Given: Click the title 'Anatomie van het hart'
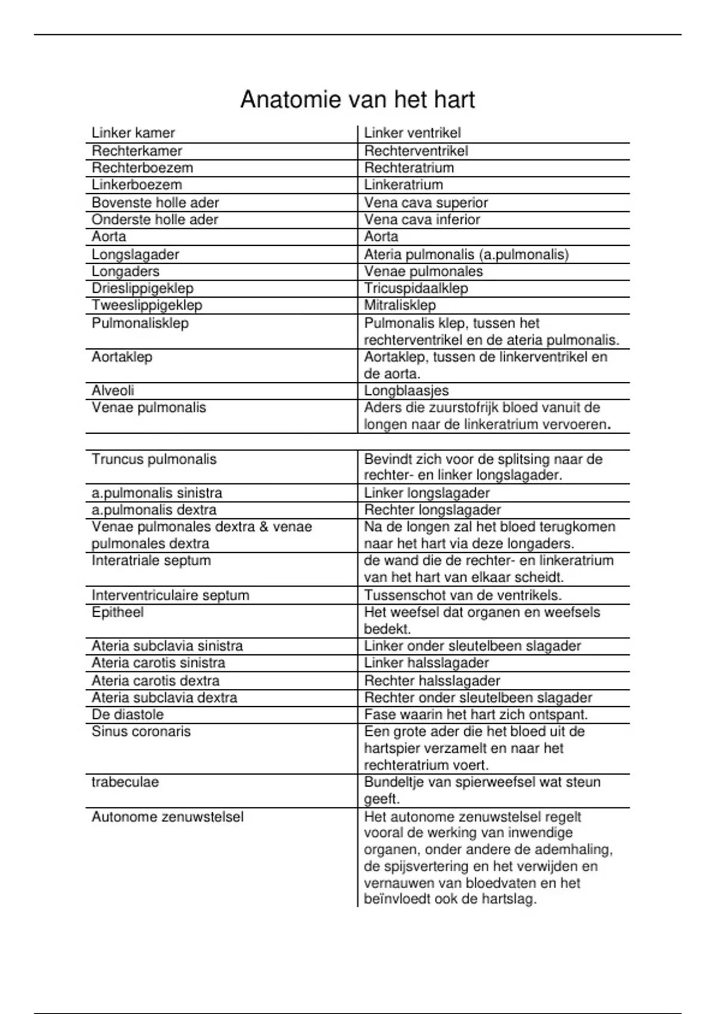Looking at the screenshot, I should [357, 100].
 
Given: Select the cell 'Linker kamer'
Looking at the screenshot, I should [133, 133].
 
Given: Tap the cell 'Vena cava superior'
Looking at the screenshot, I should [426, 203].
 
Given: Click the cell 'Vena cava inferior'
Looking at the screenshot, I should [422, 220].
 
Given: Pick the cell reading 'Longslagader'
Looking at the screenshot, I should [135, 255].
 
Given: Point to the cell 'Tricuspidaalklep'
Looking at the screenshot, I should [416, 288].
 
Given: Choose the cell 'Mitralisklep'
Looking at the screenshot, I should [400, 305].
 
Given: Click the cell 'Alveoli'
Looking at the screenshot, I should [113, 391].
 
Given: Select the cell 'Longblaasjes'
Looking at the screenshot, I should [406, 391].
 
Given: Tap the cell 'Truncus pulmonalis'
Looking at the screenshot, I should [154, 459].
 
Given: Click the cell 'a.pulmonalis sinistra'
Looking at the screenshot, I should [157, 493].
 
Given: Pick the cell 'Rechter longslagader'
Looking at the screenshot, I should [433, 510].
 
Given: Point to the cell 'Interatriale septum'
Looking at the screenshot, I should [151, 561].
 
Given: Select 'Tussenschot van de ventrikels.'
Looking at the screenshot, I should [463, 595].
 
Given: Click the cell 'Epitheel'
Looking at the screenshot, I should [118, 613].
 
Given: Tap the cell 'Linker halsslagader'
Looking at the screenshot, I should [427, 663].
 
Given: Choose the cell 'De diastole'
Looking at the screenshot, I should [127, 715].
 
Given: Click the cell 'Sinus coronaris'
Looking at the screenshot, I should [141, 732].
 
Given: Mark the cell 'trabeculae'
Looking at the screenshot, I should [125, 783].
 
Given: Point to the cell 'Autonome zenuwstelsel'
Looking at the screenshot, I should [168, 817].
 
